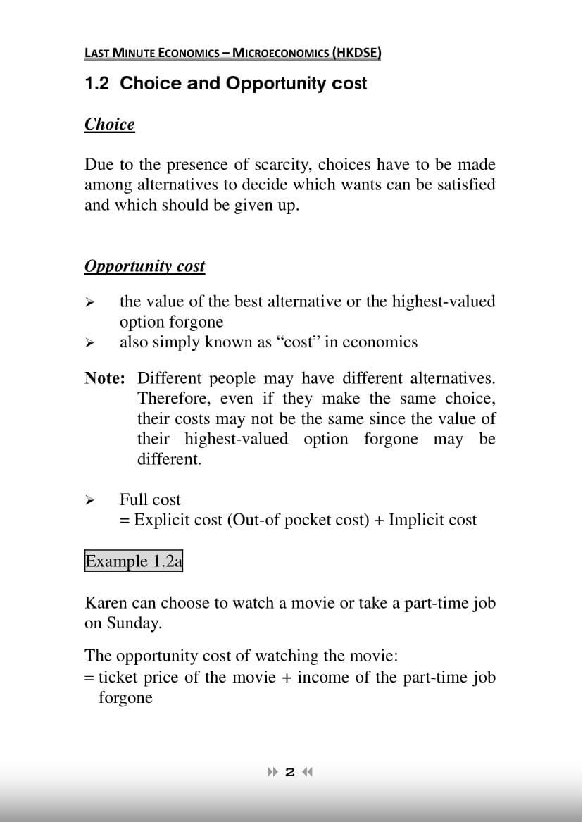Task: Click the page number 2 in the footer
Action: click(289, 772)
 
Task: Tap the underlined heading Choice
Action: click(109, 125)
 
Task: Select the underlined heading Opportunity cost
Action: click(144, 266)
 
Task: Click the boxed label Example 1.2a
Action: click(134, 561)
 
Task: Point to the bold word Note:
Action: click(105, 378)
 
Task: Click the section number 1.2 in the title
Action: click(97, 84)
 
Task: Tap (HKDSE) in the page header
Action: click(356, 53)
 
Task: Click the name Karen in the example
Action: click(106, 603)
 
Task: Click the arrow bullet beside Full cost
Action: click(89, 500)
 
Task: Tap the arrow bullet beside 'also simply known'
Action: click(89, 343)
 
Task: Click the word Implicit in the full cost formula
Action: click(415, 520)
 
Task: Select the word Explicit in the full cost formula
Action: click(161, 520)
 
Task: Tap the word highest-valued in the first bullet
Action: click(444, 301)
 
